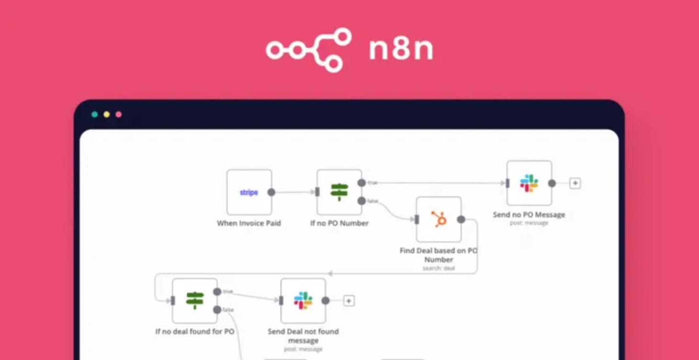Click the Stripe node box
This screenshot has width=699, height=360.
(x=249, y=192)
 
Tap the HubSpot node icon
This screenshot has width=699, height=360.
(x=439, y=219)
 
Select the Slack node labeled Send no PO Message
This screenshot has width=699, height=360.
(x=529, y=183)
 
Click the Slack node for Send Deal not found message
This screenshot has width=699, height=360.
(x=303, y=301)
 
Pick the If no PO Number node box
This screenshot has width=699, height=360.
(x=339, y=192)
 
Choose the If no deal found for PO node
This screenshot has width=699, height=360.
(x=195, y=301)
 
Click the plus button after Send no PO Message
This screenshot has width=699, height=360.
(x=575, y=183)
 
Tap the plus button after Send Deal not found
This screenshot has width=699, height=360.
(x=349, y=301)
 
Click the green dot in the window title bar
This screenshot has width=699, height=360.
(x=94, y=114)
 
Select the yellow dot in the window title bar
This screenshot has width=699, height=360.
(x=106, y=114)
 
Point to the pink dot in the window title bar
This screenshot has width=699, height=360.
(x=118, y=114)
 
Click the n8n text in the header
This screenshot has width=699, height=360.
(x=401, y=49)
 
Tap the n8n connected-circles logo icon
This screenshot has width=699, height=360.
(x=309, y=50)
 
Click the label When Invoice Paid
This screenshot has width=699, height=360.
(x=249, y=223)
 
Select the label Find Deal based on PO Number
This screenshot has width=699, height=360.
(x=439, y=255)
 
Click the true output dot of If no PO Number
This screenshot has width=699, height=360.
(x=361, y=183)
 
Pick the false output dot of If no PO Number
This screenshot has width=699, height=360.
(x=361, y=201)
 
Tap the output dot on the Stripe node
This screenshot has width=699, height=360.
(x=271, y=192)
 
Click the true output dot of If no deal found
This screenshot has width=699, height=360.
(x=217, y=292)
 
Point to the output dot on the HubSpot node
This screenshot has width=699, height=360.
(x=461, y=219)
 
